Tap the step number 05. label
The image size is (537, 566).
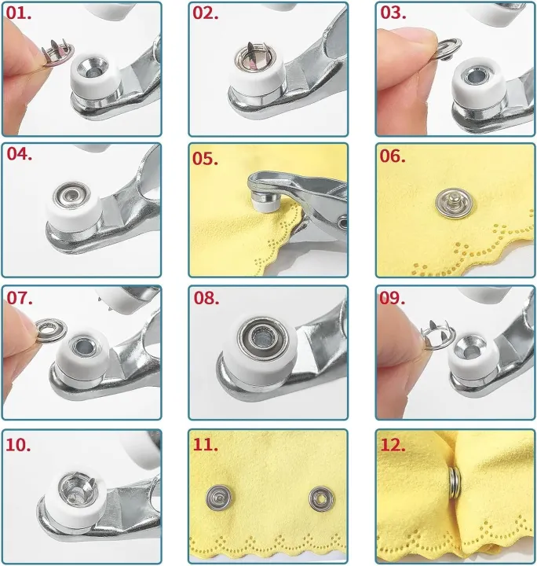(206, 159)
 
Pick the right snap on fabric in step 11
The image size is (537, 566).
(320, 496)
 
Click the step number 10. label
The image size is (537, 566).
(19, 445)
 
